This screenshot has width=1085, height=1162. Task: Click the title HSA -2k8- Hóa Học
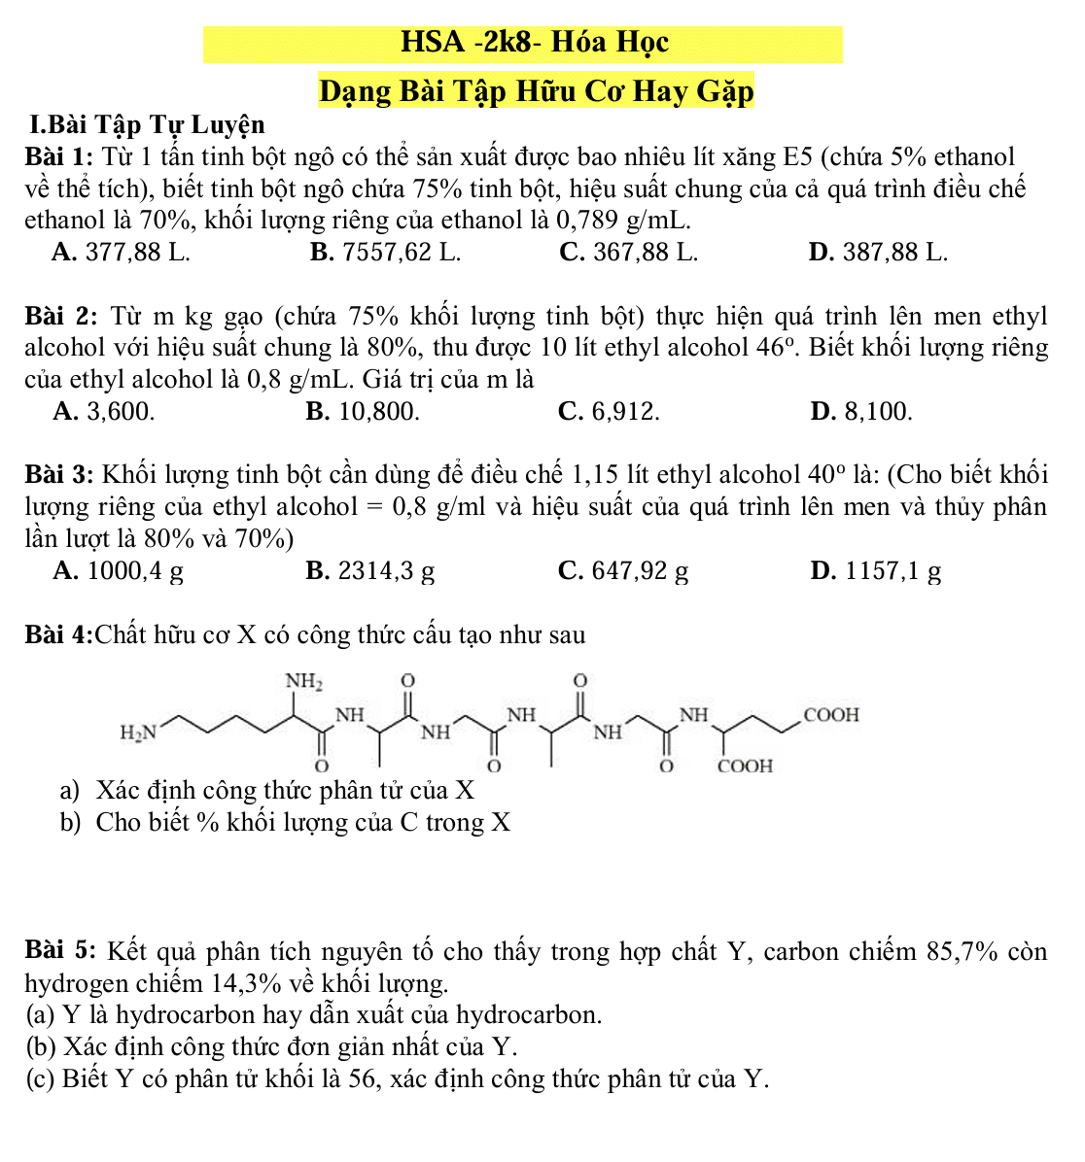tap(534, 43)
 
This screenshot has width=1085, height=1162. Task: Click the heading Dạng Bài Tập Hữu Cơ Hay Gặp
tap(536, 91)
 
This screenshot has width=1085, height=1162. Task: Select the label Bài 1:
tap(59, 156)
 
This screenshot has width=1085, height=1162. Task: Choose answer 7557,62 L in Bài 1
tap(386, 253)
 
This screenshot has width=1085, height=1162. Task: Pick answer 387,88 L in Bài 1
tap(879, 253)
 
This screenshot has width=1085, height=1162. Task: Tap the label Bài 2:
tap(60, 317)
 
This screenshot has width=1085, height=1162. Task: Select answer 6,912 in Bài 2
tap(610, 412)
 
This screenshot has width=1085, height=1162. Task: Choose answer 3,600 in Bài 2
tap(104, 412)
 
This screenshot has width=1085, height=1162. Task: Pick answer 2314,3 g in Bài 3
tap(370, 571)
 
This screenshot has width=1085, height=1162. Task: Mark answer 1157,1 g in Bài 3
tap(876, 571)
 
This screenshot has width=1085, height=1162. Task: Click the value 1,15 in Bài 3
tap(596, 475)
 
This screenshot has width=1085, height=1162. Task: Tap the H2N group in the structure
tap(137, 731)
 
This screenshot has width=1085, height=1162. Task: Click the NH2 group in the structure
tap(303, 681)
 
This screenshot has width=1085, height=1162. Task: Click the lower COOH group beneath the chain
tap(746, 766)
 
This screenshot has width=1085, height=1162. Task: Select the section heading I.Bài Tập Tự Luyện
tap(147, 124)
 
